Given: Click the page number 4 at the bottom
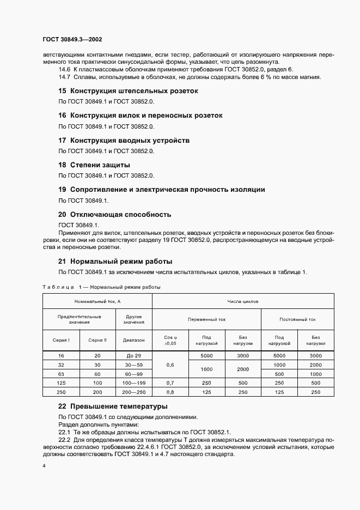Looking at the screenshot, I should coord(44,466).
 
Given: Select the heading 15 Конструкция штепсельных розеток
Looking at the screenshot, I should coord(128,91).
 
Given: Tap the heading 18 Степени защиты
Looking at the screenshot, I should coord(94,165).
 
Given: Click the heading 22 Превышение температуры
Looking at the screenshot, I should coord(113,406).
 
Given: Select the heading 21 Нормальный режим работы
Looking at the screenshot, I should coord(115,260).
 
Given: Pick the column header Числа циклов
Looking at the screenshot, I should coord(243,301).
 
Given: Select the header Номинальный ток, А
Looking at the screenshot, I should coord(97,301).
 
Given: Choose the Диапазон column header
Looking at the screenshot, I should coord(133,340).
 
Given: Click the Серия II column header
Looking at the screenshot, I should coord(97,340).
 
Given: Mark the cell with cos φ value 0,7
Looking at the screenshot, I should coord(170,383).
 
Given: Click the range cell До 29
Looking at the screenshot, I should coord(133,355).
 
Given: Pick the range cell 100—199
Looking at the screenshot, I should coord(133,383).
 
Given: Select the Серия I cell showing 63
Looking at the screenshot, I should coord(61,374).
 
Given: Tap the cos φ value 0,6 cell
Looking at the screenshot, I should coord(170,365).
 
